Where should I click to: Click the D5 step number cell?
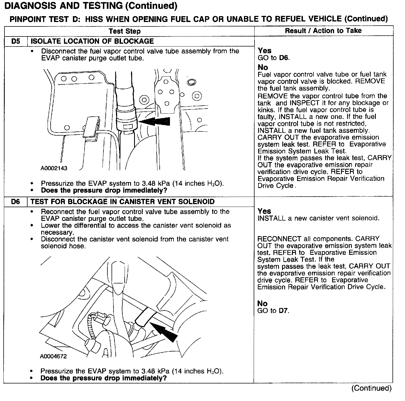(16, 41)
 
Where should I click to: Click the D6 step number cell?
(16, 202)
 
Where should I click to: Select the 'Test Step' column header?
(125, 31)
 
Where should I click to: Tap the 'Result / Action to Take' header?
(323, 31)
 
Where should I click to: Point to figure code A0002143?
(54, 168)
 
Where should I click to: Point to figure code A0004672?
(53, 356)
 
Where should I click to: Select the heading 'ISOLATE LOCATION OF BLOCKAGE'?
(92, 41)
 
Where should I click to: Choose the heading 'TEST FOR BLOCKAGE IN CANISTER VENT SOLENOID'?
(122, 202)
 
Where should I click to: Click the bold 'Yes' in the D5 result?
(265, 51)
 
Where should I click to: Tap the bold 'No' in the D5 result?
(263, 67)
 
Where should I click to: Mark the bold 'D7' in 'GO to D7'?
(284, 310)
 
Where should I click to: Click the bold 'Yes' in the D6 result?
(264, 211)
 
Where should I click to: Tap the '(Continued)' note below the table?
(371, 388)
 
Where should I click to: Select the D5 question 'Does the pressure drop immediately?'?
(104, 190)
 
